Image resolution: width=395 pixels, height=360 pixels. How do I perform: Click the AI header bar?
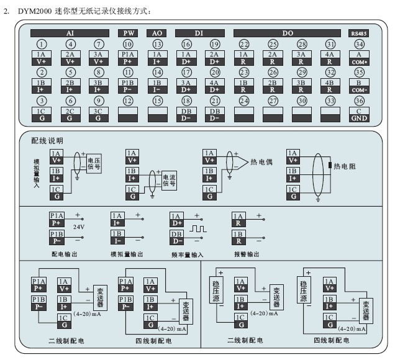point(70,33)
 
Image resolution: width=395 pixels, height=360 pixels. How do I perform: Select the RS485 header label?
point(359,33)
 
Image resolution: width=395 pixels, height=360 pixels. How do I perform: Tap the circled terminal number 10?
point(128,44)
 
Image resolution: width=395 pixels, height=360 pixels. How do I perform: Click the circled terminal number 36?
point(359,101)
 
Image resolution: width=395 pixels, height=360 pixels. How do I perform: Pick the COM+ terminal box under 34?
point(359,58)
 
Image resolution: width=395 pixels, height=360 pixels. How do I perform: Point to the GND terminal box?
point(359,114)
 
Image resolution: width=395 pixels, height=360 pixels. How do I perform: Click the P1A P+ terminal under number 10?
point(128,58)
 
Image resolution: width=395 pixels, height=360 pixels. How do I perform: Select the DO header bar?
point(288,33)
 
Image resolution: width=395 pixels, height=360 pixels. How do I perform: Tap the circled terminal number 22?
point(244,44)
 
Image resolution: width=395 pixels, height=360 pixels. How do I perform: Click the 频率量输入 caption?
point(186,254)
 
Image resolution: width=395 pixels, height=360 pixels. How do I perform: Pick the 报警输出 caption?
point(247,254)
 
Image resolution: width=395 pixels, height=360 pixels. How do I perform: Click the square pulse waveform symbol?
point(198,229)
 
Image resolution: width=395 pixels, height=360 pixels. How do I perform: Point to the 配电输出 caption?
point(65,254)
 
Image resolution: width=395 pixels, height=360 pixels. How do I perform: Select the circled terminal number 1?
point(41,44)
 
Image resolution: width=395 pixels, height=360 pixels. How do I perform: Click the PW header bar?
point(128,33)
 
